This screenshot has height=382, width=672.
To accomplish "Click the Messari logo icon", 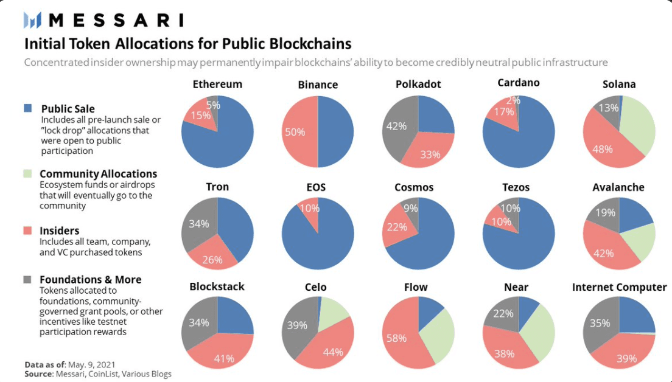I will pos(32,20).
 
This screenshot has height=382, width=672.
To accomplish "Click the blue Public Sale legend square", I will pos(27,108).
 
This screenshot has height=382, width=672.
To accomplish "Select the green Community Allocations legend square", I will pos(27,174).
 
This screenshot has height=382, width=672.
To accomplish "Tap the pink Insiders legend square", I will pos(27,231).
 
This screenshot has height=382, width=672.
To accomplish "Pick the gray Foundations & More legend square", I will pos(27,279).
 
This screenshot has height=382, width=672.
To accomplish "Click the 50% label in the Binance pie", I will pos(295,132).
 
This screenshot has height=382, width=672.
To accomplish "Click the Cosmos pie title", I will pos(414,187).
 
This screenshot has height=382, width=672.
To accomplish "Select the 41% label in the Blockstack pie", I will pos(223,358).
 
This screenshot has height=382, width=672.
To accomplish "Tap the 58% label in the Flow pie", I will pos(396,338).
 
